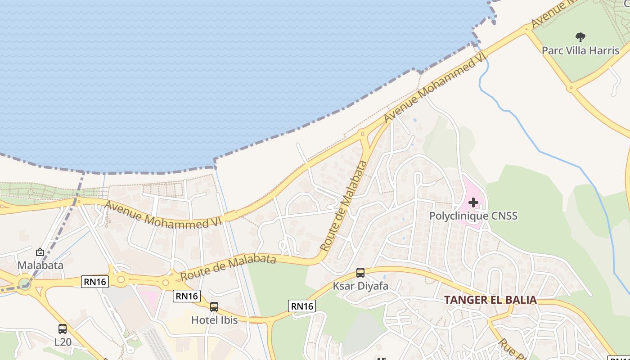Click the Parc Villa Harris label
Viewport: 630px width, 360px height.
[x=580, y=50]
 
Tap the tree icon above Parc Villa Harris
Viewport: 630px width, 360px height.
[x=580, y=37]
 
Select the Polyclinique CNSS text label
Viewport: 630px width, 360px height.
[x=473, y=216]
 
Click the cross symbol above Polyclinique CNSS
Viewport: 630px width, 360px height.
[x=473, y=202]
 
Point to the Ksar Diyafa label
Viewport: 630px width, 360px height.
[x=360, y=286]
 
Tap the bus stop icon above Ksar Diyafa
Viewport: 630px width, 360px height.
[x=360, y=272]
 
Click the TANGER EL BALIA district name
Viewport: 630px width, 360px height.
[x=490, y=300]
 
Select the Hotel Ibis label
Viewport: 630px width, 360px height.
[x=214, y=320]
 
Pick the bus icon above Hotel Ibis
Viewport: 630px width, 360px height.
[x=214, y=307]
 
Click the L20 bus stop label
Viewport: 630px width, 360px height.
[x=63, y=342]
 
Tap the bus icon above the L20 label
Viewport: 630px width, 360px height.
[x=63, y=329]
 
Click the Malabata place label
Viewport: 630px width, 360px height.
[x=40, y=265]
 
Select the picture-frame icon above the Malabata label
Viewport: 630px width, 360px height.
[x=40, y=252]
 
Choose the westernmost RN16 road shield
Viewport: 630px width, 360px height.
[x=95, y=282]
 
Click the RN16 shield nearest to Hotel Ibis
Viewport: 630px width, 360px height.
[x=187, y=296]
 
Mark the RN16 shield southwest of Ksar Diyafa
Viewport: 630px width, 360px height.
[x=301, y=306]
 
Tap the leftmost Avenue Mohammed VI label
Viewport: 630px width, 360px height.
[x=157, y=215]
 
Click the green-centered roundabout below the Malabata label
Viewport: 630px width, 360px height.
[x=25, y=283]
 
